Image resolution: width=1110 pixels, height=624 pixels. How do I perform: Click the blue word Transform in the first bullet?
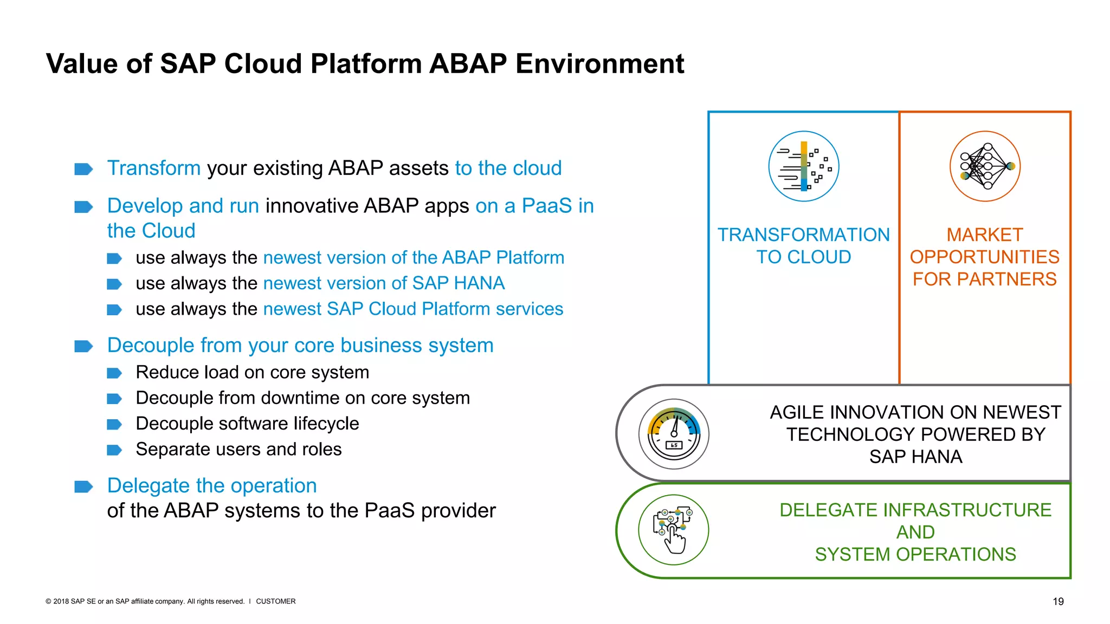(x=154, y=168)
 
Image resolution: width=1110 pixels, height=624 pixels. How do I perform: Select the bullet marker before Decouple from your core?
(x=83, y=346)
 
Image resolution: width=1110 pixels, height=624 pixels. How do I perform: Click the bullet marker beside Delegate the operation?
(x=83, y=486)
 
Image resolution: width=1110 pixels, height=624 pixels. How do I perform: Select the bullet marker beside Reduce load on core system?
(x=114, y=373)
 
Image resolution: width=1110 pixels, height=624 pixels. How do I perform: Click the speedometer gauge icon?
(x=674, y=434)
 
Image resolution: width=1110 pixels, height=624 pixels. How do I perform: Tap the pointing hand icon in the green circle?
(x=674, y=530)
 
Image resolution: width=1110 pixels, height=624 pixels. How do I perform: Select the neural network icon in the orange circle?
(x=985, y=166)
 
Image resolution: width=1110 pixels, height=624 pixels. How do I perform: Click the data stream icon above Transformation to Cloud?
(x=804, y=166)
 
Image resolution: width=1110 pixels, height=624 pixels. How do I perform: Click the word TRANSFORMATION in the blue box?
(x=804, y=235)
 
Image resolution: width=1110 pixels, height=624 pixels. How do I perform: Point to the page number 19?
(x=1058, y=601)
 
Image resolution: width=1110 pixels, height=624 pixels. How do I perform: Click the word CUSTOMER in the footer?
(x=275, y=601)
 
